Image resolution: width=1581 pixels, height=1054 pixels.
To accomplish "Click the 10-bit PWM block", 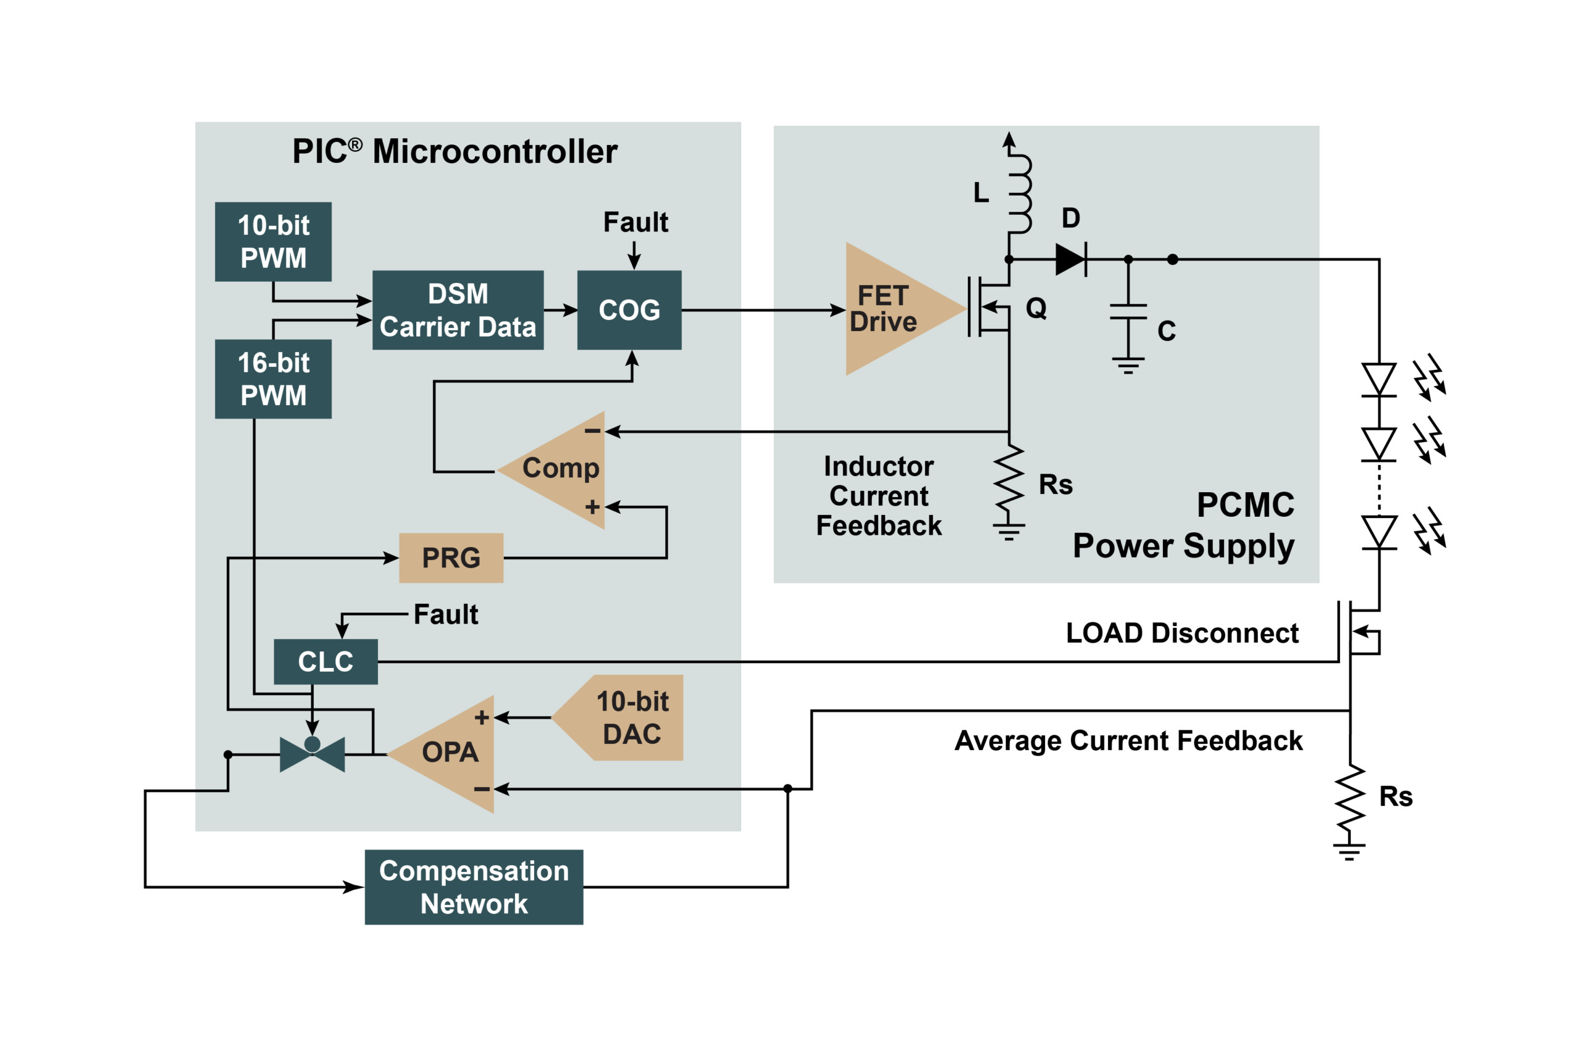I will pyautogui.click(x=273, y=241).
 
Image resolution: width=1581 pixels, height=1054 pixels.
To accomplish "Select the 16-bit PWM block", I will pyautogui.click(x=273, y=379).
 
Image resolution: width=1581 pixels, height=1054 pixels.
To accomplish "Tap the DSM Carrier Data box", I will pyautogui.click(x=458, y=310).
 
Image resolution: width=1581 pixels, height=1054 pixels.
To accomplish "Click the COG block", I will pyautogui.click(x=629, y=310).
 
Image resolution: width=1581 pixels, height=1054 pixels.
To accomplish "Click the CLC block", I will pyautogui.click(x=325, y=661).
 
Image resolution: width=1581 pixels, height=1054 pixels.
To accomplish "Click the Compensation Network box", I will pyautogui.click(x=474, y=887).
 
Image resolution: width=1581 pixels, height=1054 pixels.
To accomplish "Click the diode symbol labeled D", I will pyautogui.click(x=1070, y=259).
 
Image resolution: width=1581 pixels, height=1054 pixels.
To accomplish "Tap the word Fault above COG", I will pyautogui.click(x=635, y=222).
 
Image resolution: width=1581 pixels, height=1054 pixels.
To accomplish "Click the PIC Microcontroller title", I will pyautogui.click(x=455, y=151).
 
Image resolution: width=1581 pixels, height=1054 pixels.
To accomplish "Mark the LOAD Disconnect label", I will pyautogui.click(x=1181, y=634).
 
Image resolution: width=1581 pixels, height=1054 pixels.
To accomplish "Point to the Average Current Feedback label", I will pyautogui.click(x=1128, y=741).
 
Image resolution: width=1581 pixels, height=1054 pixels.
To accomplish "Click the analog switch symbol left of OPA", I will pyautogui.click(x=312, y=754).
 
